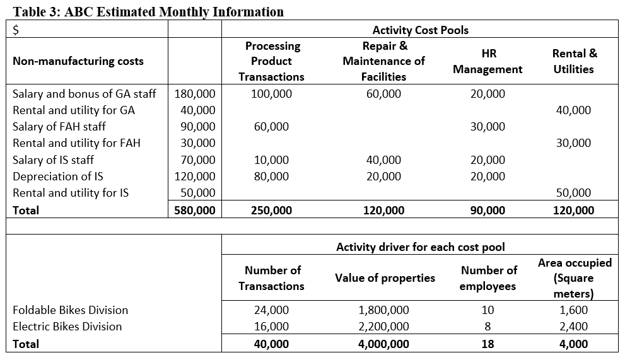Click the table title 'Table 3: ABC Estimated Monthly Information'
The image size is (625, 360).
coord(148,11)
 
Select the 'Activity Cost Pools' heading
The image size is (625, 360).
coord(420,30)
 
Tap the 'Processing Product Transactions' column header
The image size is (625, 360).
coord(272,61)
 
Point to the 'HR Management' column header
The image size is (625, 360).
coord(488,61)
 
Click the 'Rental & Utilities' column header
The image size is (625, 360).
coord(573,61)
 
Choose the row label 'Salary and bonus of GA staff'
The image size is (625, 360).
coord(85,94)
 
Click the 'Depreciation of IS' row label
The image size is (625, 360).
coord(58,176)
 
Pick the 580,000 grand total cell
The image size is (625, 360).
coord(195,211)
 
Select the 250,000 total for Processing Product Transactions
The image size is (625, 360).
coord(272,211)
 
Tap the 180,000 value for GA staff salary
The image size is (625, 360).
coord(195,94)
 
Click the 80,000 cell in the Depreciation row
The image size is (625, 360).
coord(272,176)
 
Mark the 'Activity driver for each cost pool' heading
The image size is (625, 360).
coord(420,247)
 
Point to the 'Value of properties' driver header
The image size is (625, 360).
coord(385,278)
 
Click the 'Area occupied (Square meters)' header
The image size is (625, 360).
coord(574,278)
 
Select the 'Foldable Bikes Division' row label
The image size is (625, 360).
coord(71,310)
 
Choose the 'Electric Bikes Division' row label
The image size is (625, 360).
coord(67,327)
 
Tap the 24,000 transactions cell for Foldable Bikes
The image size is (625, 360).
coord(272,310)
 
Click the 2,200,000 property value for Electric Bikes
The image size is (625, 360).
coord(383,327)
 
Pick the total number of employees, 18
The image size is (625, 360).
coord(488,344)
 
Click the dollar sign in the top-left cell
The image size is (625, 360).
coord(17,30)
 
